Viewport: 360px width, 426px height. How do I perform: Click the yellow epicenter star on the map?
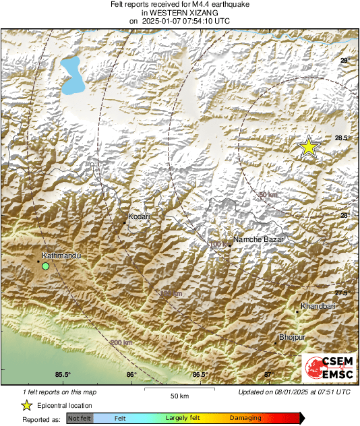tap(308, 146)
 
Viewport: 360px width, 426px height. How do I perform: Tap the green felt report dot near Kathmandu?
tap(45, 267)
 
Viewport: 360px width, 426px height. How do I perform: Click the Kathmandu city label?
tap(61, 256)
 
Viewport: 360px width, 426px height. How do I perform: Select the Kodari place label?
tap(138, 217)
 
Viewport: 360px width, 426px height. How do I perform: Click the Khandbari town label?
tap(318, 307)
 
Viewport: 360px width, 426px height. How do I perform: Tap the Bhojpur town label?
tap(292, 337)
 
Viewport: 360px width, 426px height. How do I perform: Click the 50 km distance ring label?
tap(268, 195)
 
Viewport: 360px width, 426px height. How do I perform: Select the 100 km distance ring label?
tap(219, 244)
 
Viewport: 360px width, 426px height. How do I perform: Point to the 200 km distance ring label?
tap(121, 343)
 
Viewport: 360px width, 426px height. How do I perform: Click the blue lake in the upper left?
tap(72, 75)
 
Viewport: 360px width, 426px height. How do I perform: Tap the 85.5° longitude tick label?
tap(63, 375)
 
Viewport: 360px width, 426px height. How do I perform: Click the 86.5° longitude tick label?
tap(200, 375)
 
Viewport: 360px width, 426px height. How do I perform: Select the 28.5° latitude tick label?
tap(343, 138)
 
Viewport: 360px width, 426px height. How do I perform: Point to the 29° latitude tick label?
tap(344, 61)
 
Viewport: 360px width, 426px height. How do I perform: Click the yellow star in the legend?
tap(26, 406)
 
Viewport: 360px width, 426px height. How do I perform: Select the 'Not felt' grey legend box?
tap(80, 419)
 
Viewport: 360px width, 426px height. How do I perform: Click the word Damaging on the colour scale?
tap(245, 419)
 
